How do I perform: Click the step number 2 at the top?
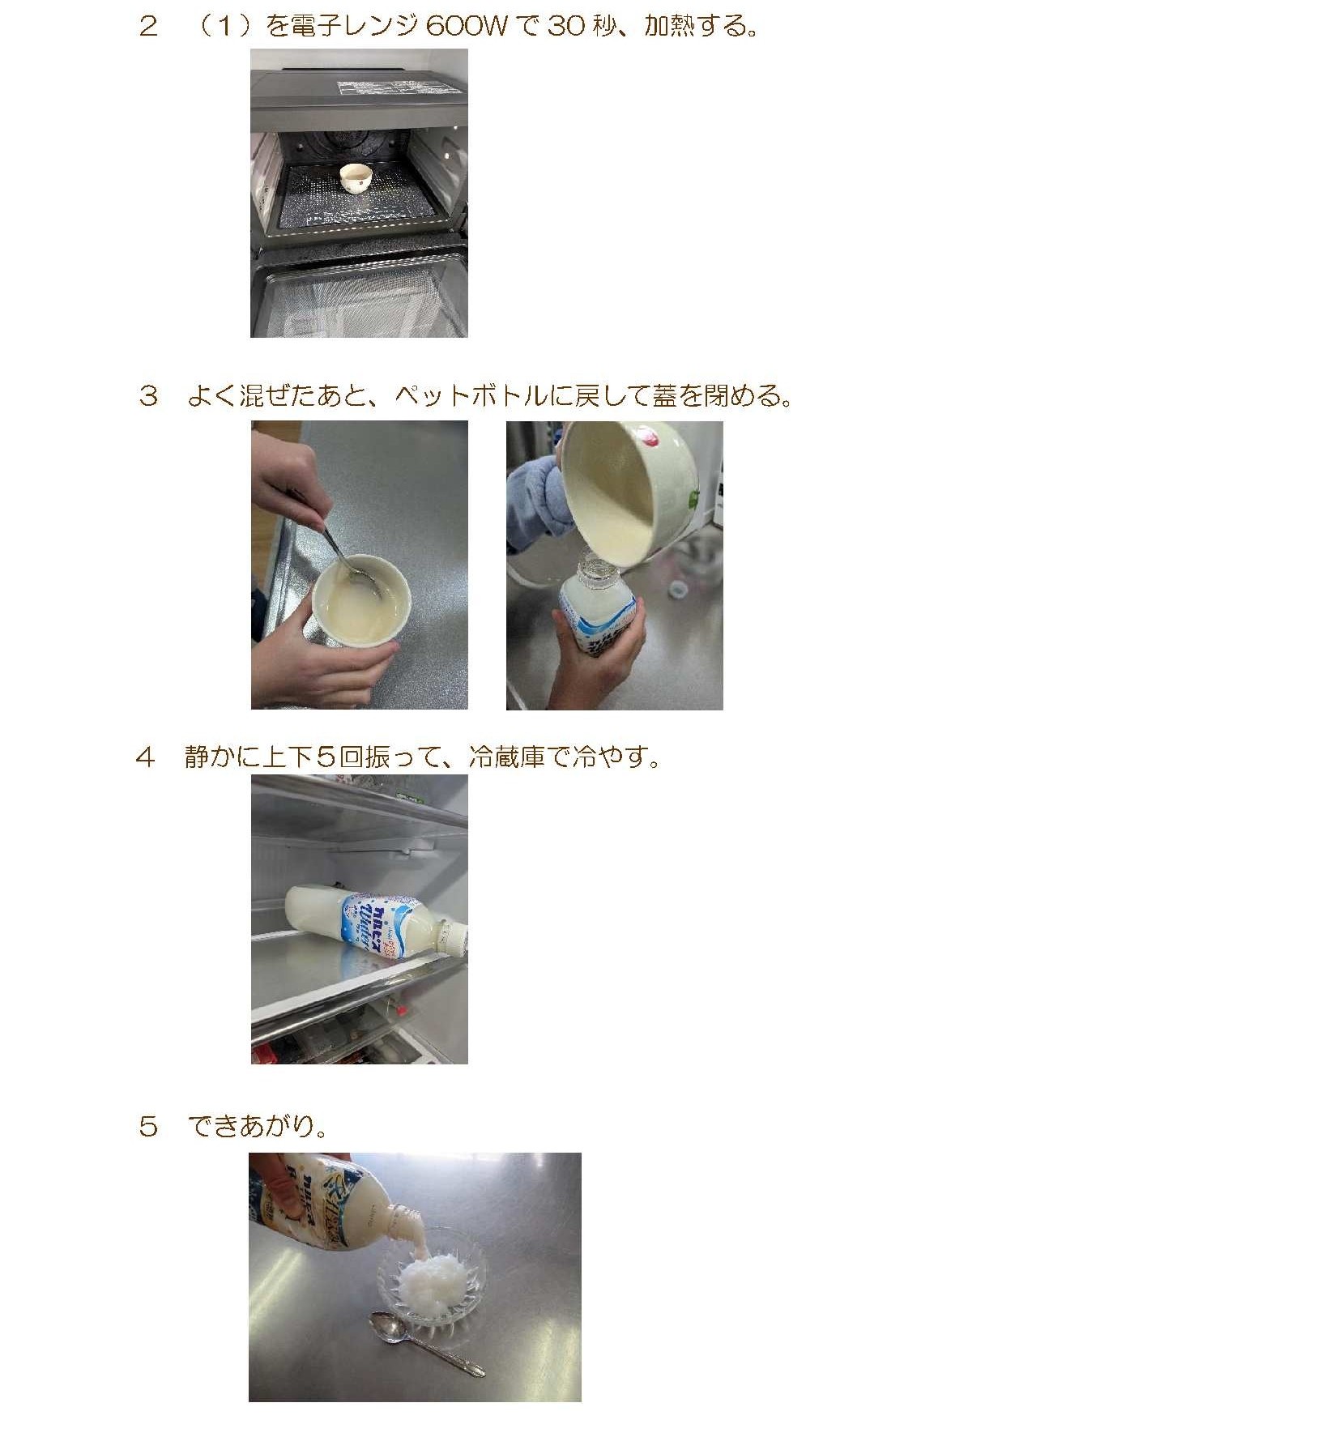(147, 26)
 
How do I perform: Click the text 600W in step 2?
(466, 26)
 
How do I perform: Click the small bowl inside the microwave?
(356, 177)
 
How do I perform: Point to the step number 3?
(147, 395)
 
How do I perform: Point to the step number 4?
(145, 757)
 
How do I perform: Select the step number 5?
(147, 1126)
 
